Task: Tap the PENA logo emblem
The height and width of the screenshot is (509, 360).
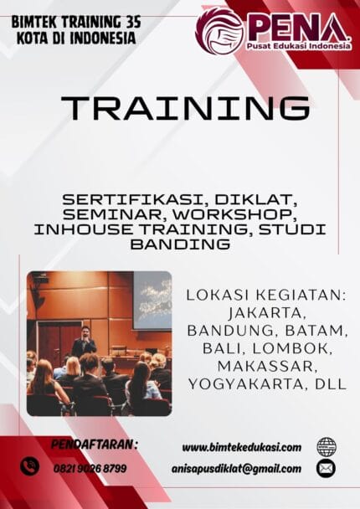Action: point(219,30)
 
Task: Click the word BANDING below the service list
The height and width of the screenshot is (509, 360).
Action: point(180,244)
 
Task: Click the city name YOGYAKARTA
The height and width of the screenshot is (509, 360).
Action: point(245,384)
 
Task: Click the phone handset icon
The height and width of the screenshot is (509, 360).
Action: point(30,465)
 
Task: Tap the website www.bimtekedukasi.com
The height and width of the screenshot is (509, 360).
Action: point(241,448)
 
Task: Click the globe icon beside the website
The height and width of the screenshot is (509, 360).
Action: point(327,447)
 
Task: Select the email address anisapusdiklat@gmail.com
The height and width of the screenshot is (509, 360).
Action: point(241,469)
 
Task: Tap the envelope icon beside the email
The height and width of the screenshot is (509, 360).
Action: point(327,469)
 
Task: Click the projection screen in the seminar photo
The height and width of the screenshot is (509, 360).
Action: point(152,299)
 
